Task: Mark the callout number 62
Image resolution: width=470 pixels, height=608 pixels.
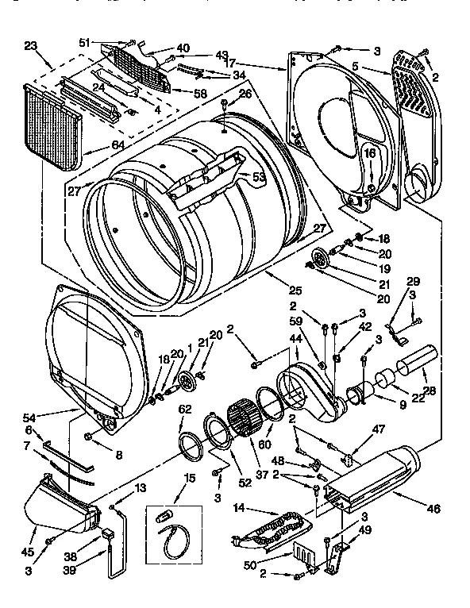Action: [184, 410]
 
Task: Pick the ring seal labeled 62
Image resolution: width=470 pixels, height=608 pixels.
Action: [190, 446]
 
